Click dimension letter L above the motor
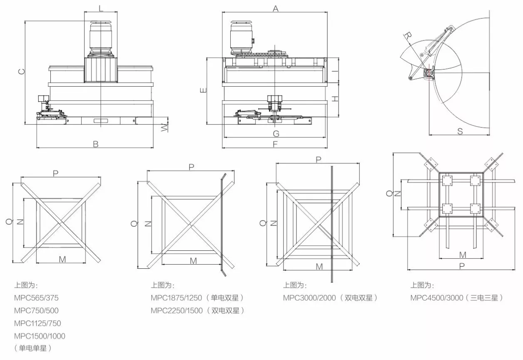point(101,8)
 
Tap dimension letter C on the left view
point(22,71)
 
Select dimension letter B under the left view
point(95,144)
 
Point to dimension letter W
point(164,127)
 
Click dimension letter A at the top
point(276,9)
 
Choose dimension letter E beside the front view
point(204,90)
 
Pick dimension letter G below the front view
point(276,134)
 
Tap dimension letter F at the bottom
point(275,144)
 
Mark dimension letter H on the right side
point(335,99)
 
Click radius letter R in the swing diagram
point(408,36)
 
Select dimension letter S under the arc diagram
point(460,131)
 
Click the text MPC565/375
point(36,298)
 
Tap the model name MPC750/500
point(36,310)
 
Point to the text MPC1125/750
point(37,323)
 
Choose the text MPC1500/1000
point(40,336)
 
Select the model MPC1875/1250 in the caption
point(176,298)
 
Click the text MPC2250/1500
point(177,310)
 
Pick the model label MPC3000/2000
point(309,298)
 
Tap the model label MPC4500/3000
point(437,298)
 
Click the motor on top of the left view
point(101,39)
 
